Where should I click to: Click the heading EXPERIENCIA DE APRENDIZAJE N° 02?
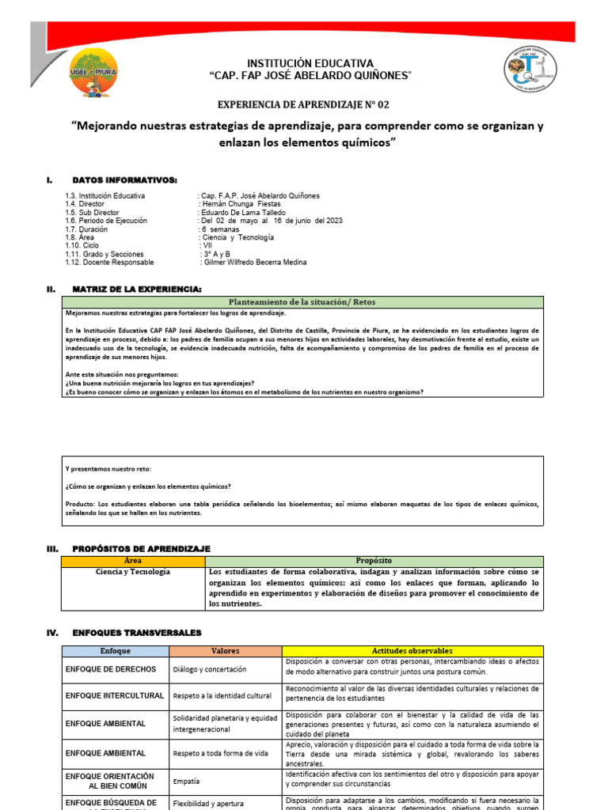(x=303, y=104)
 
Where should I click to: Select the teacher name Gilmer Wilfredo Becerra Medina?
(x=254, y=262)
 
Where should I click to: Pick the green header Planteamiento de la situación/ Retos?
(x=303, y=302)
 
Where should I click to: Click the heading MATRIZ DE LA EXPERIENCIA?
(x=137, y=289)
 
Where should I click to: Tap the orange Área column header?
(x=133, y=560)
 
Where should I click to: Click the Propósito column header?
(x=374, y=560)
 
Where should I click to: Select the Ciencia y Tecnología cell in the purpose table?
(x=133, y=572)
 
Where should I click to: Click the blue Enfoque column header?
(x=116, y=650)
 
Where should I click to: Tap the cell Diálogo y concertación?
(x=210, y=669)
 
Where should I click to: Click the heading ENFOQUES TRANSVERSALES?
(x=137, y=633)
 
